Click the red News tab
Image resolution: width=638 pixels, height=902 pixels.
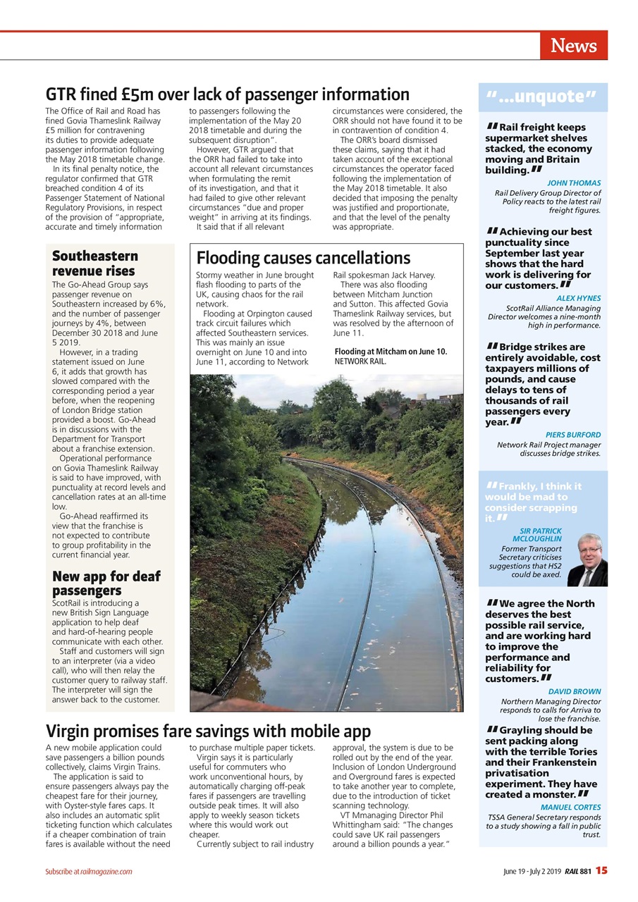pos(573,46)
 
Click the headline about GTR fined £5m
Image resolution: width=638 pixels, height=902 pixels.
pos(227,94)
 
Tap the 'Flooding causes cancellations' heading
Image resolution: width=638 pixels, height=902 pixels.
pos(303,258)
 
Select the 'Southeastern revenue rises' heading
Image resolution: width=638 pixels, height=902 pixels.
pos(94,264)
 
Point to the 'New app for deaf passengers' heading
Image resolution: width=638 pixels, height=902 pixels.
pos(106,583)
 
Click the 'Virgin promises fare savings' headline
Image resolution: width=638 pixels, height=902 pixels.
pos(208,731)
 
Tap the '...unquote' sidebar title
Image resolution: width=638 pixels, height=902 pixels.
pos(541,97)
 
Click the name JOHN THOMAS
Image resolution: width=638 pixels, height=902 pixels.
pos(574,183)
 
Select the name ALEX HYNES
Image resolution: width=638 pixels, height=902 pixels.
pos(578,298)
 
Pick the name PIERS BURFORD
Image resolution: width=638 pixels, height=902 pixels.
pos(573,435)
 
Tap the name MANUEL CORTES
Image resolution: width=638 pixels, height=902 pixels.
pos(570,807)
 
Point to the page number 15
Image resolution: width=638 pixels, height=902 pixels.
pos(601,870)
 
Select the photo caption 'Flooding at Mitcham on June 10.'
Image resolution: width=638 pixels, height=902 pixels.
pos(390,351)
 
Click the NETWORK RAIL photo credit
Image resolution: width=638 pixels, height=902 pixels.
pos(360,361)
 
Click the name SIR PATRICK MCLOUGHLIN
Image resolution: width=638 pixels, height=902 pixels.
pos(540,535)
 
